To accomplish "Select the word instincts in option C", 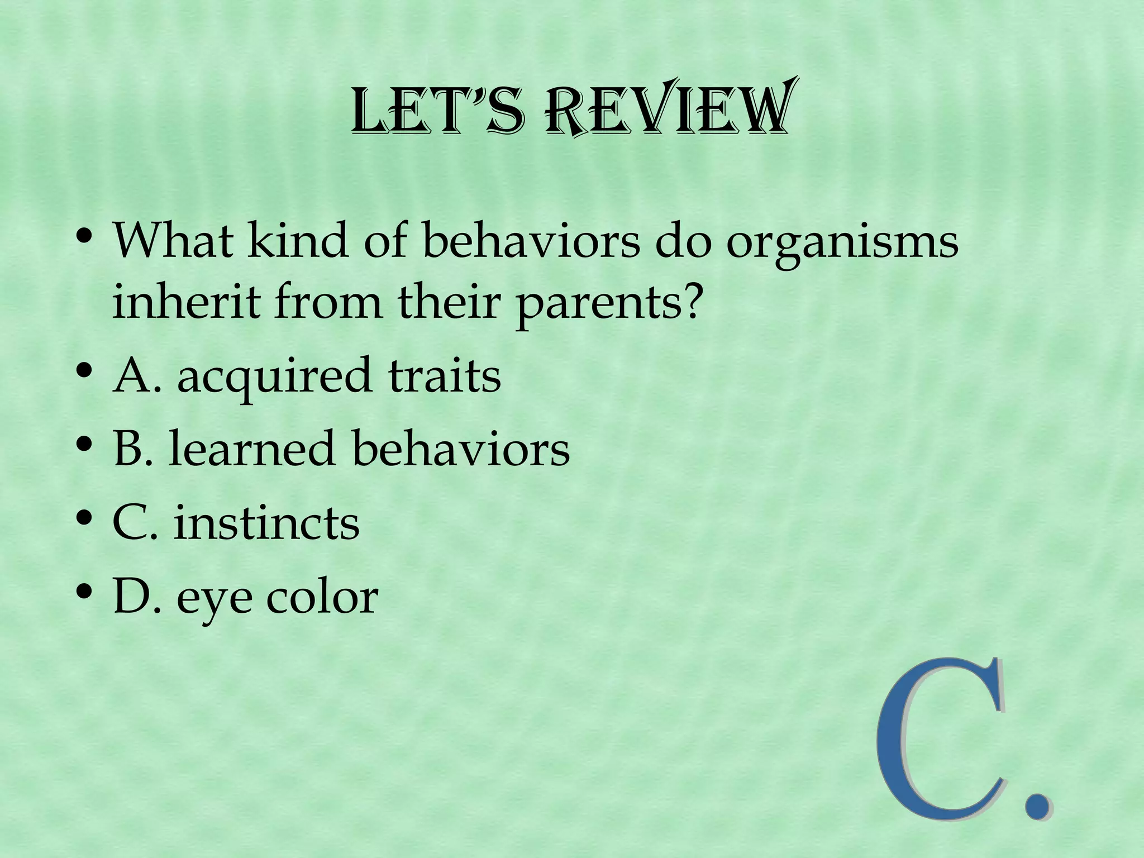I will click(x=266, y=523).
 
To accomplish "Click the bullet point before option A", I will click(x=84, y=371).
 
